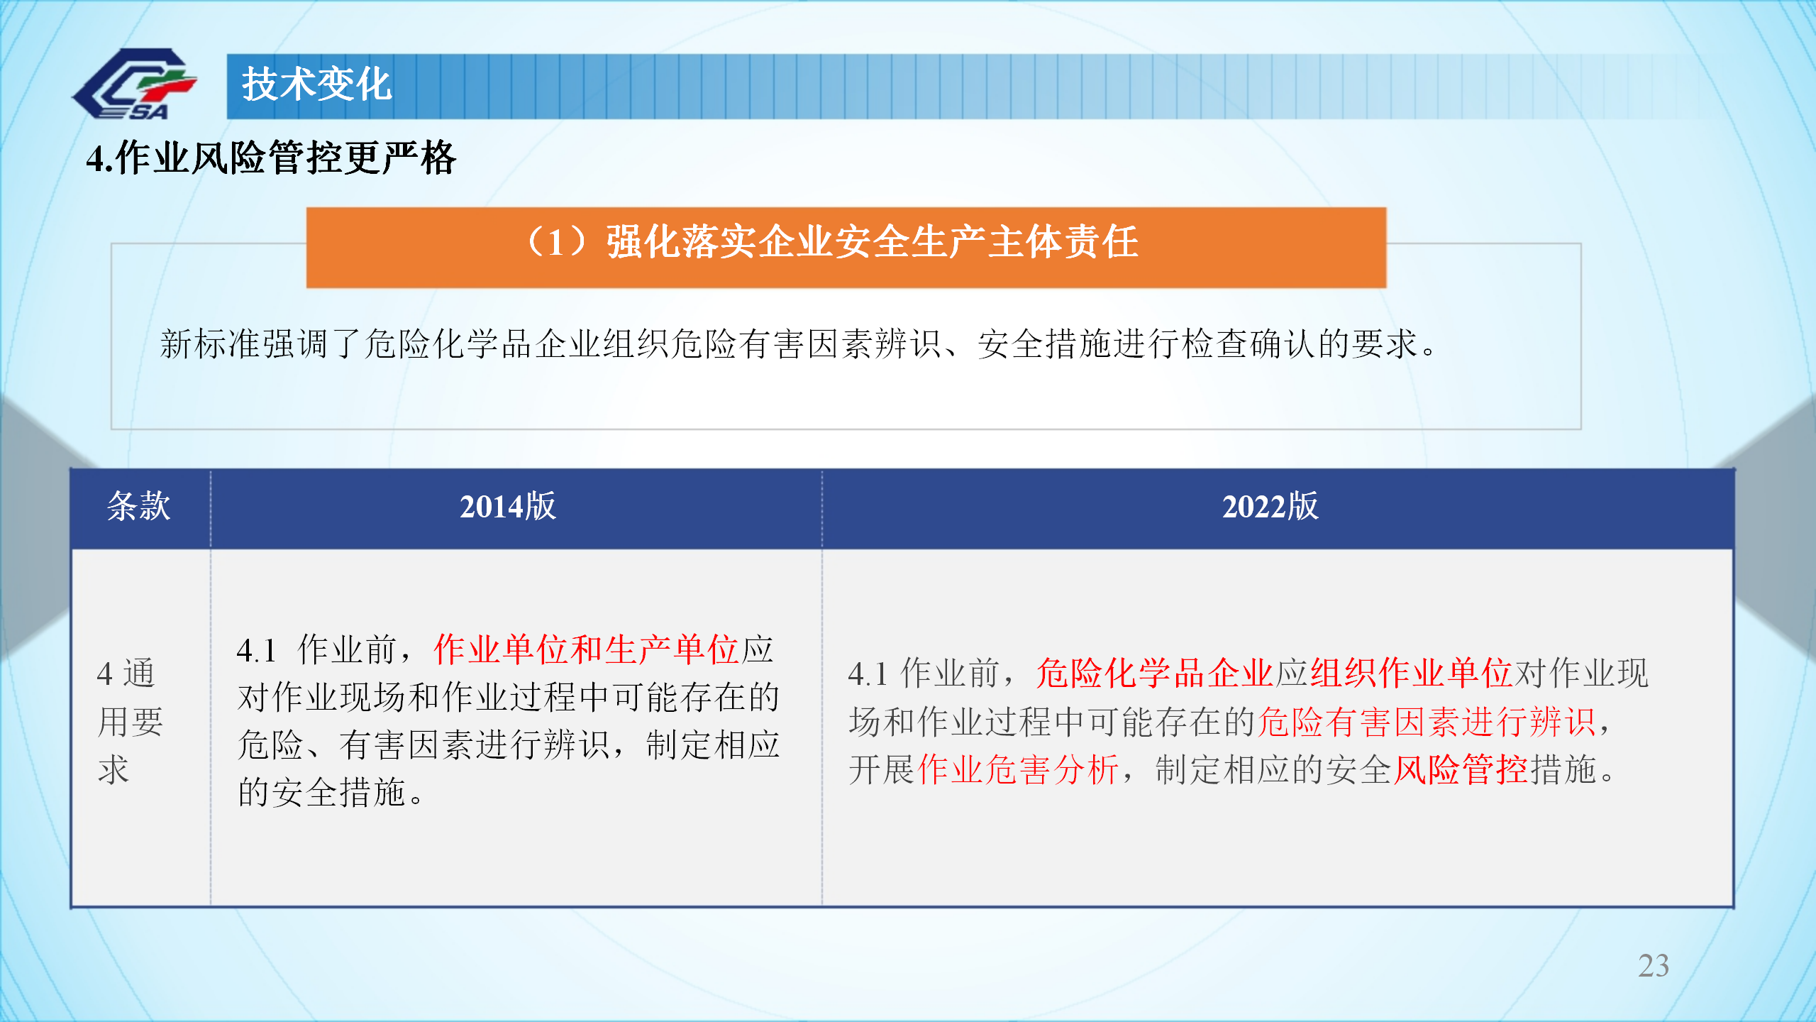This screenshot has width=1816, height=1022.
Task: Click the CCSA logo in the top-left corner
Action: (134, 84)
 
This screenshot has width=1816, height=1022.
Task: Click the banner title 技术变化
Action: (316, 84)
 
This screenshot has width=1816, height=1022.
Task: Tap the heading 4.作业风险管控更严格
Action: (271, 158)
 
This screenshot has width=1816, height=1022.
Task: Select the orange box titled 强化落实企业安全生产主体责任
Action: (846, 247)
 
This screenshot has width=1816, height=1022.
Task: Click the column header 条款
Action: (139, 507)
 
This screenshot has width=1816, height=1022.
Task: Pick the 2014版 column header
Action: (508, 507)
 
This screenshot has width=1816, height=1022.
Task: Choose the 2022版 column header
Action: (1270, 507)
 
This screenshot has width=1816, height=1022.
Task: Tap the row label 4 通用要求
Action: (131, 721)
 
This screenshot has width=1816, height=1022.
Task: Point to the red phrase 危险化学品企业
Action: (1154, 673)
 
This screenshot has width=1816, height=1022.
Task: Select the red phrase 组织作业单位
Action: (1411, 673)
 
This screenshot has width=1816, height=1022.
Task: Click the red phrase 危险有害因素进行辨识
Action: (1427, 722)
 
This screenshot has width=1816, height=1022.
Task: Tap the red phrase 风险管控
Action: (1461, 769)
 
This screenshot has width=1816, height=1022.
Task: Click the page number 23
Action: (1654, 966)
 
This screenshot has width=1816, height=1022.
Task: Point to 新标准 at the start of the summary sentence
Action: (210, 344)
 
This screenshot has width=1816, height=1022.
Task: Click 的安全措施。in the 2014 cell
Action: (331, 792)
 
